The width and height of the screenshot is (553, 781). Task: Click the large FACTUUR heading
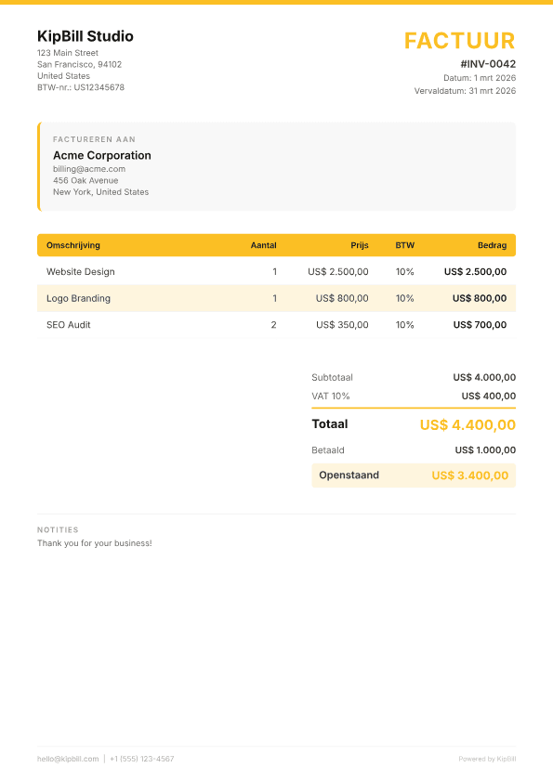click(459, 41)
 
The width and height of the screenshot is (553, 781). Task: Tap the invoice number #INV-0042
click(488, 64)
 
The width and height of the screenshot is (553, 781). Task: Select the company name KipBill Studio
click(86, 36)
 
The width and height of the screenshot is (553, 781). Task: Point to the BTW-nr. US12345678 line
click(81, 87)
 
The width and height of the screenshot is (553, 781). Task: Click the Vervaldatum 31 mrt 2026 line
click(465, 91)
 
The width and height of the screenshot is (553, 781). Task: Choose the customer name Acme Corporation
click(102, 155)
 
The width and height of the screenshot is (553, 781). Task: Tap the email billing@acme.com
click(89, 169)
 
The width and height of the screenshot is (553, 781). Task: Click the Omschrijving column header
click(73, 245)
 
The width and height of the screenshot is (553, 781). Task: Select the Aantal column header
click(264, 245)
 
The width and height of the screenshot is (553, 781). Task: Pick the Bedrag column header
click(492, 245)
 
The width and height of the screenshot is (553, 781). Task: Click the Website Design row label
click(81, 272)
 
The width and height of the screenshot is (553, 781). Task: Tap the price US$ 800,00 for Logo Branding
click(342, 299)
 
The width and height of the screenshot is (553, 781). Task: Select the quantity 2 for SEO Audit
click(273, 325)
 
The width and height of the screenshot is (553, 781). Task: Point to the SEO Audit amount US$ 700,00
click(480, 325)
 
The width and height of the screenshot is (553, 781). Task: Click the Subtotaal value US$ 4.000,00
click(484, 378)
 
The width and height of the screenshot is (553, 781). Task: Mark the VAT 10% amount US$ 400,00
click(488, 396)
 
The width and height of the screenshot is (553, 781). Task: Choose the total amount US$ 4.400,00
click(467, 425)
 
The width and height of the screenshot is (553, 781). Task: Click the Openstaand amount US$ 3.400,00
click(469, 475)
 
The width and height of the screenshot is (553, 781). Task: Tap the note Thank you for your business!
click(95, 543)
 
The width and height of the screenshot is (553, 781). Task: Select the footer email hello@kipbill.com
click(68, 759)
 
